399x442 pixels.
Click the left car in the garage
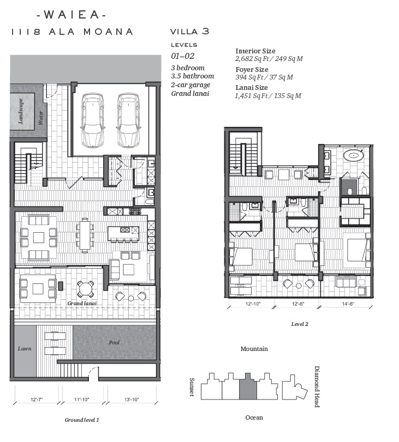point(92,120)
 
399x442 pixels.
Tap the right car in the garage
point(128,120)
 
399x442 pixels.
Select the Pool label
point(114,342)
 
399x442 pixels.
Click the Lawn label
point(25,349)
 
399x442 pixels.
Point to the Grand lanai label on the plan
point(82,304)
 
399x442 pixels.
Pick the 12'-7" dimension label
point(37,399)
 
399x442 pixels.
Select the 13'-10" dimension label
point(132,399)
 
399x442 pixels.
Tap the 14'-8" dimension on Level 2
point(348,304)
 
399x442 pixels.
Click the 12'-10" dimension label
point(253,304)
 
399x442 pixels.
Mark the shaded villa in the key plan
point(248,387)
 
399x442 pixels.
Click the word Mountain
point(254,349)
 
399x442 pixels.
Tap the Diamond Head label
point(317,387)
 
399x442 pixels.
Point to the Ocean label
point(254,417)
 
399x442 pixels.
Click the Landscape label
point(21,111)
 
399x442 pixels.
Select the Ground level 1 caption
point(82,420)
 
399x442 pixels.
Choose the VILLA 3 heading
point(190,31)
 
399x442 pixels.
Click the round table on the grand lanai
point(85,289)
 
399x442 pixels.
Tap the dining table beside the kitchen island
point(85,235)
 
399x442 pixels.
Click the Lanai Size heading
point(252,88)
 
